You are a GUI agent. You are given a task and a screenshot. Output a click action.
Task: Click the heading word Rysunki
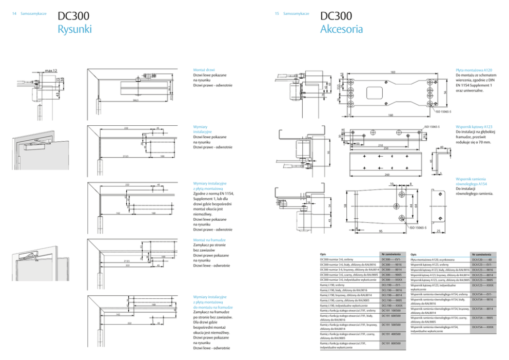pyautogui.click(x=74, y=29)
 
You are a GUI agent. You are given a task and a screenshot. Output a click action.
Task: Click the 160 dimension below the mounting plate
pyautogui.click(x=390, y=115)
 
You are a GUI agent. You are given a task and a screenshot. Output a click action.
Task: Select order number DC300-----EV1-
pyautogui.click(x=391, y=260)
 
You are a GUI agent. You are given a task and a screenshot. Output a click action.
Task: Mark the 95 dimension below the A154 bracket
pyautogui.click(x=381, y=231)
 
